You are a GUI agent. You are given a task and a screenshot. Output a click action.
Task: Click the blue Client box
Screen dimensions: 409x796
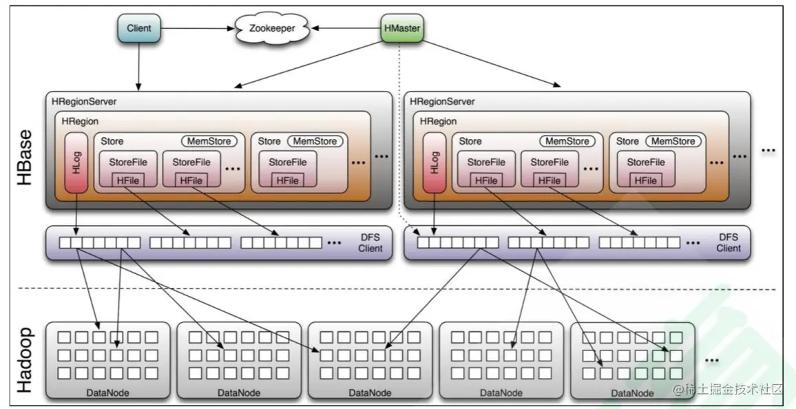click(x=139, y=29)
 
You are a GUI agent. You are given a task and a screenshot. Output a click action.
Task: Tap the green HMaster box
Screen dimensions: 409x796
click(x=401, y=29)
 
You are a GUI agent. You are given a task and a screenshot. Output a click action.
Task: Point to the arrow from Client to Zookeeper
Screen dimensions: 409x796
click(x=196, y=29)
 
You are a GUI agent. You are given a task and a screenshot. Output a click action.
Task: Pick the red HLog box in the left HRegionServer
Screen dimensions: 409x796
click(x=76, y=164)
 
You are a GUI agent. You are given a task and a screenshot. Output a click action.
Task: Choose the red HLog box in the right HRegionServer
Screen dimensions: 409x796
click(x=434, y=164)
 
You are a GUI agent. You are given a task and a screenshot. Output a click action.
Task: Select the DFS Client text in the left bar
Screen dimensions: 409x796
click(x=370, y=242)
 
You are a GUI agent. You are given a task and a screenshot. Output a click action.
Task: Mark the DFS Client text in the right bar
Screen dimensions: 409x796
click(x=728, y=242)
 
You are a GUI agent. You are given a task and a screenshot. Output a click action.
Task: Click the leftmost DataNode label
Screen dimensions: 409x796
click(x=107, y=392)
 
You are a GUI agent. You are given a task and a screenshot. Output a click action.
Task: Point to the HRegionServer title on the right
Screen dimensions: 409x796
click(x=442, y=101)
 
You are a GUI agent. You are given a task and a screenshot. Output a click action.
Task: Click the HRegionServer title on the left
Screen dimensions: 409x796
click(x=84, y=101)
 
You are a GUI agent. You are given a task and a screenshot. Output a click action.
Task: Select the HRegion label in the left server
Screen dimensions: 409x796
click(x=80, y=121)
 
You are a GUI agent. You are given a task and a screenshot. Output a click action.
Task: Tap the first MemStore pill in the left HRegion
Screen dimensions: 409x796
click(x=209, y=141)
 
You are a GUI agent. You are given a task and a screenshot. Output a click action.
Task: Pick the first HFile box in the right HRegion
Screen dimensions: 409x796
click(x=486, y=180)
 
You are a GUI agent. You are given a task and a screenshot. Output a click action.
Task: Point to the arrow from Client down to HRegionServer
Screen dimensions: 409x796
click(x=139, y=65)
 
